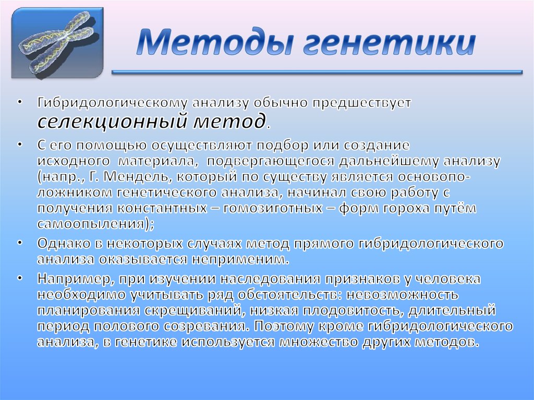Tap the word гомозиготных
[x=270, y=209]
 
